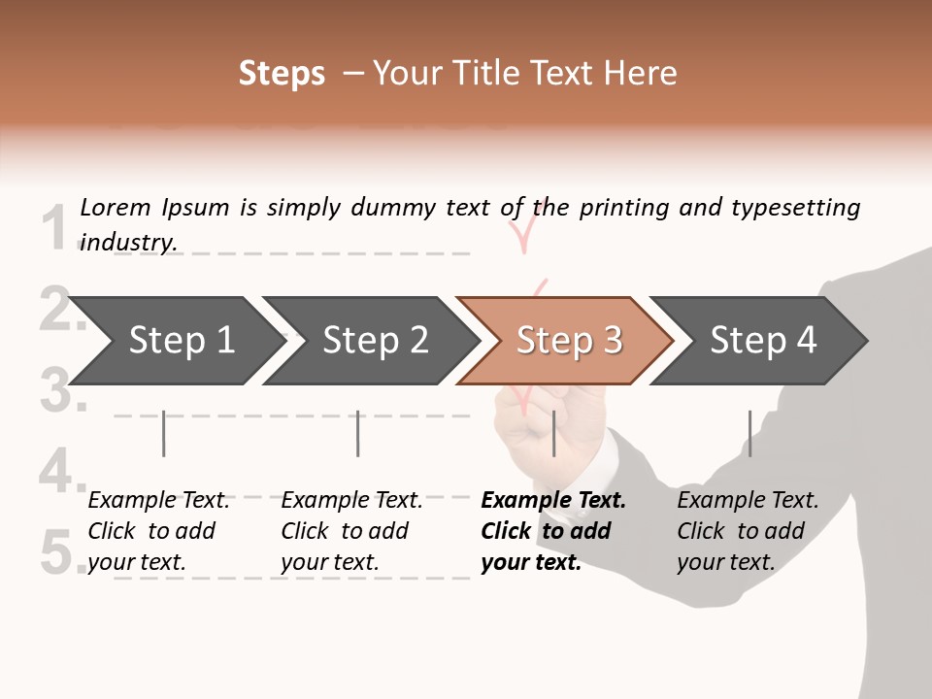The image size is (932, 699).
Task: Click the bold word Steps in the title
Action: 282,74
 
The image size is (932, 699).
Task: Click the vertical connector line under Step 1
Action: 164,433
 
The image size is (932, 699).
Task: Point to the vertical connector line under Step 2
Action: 358,433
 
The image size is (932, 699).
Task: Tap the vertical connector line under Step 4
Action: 749,433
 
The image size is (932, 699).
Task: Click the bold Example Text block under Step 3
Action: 552,531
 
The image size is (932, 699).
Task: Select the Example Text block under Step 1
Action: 158,531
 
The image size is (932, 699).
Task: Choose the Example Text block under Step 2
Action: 351,531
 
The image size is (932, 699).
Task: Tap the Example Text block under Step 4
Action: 748,531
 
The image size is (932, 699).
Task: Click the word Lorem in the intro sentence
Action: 116,208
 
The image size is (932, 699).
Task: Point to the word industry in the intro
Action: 128,243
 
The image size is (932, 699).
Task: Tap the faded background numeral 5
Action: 60,553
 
